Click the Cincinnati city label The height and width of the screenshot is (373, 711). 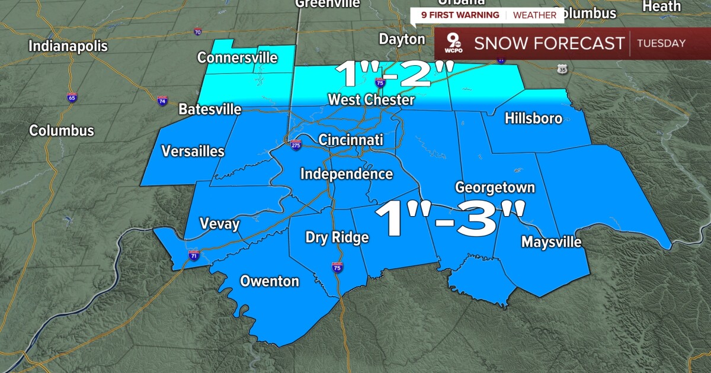tap(351, 140)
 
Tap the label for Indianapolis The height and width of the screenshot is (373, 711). tap(68, 46)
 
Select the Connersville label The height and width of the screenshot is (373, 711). tap(238, 57)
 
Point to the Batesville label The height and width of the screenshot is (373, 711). tap(210, 110)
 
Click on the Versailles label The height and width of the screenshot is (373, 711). tap(193, 151)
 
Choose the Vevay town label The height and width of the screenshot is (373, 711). tap(219, 224)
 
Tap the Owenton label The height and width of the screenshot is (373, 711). tap(270, 281)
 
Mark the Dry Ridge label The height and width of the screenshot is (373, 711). tap(337, 237)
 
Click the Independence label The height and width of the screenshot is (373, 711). tap(347, 174)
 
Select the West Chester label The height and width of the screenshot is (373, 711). tap(371, 99)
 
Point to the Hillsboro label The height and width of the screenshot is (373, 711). tap(533, 118)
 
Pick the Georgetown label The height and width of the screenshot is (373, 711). tap(495, 188)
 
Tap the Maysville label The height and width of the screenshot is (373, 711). tap(551, 242)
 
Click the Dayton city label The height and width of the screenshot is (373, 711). tap(402, 39)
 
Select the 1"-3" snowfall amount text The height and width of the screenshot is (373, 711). tap(450, 219)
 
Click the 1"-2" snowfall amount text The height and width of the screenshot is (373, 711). tap(394, 74)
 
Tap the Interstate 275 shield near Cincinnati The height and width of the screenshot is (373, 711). tap(295, 144)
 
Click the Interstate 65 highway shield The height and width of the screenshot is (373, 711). tap(72, 98)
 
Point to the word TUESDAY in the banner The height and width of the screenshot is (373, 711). tap(662, 43)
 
